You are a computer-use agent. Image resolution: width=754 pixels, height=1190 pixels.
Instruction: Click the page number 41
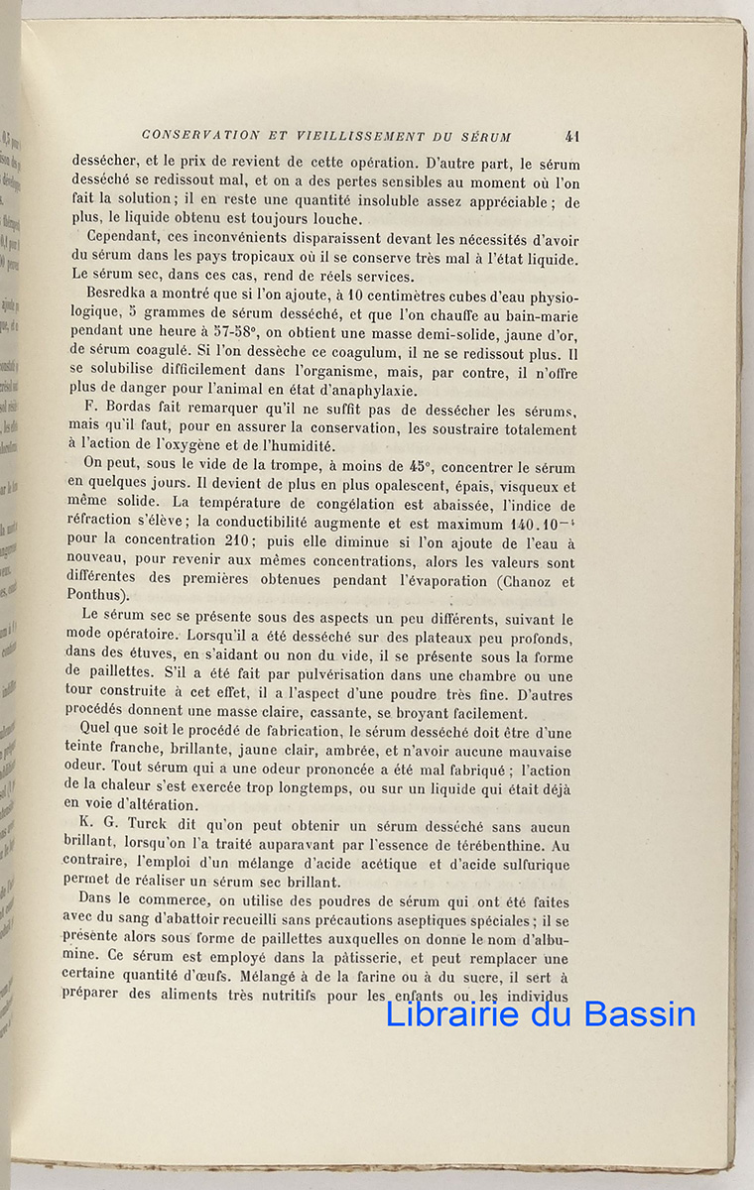click(571, 137)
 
